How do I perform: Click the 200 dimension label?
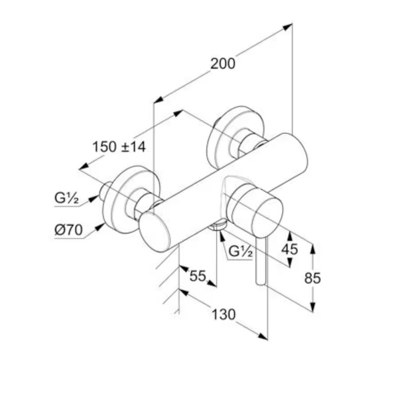coord(222,64)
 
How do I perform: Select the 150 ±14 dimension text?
coord(119,147)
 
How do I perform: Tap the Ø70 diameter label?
coord(69,230)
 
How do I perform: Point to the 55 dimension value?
coord(198,276)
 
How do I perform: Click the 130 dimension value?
coord(224,314)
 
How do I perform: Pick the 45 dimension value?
coord(290,249)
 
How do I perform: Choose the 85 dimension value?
coord(313,278)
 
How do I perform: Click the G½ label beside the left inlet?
coord(66,198)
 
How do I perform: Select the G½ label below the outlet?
coord(241,251)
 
